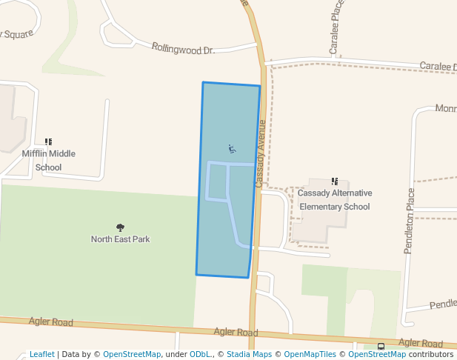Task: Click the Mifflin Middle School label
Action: (48, 160)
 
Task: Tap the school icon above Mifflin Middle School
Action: (48, 141)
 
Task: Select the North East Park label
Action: (120, 239)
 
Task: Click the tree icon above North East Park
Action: (120, 227)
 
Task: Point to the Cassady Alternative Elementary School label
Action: (335, 200)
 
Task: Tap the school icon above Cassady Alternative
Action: (335, 181)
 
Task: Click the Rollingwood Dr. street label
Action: (182, 49)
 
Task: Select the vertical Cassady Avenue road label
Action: (261, 153)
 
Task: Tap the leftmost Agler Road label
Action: (51, 322)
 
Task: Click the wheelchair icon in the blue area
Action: (232, 149)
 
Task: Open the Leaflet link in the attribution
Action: (41, 354)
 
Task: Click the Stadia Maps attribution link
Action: (253, 354)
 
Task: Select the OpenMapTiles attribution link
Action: (310, 354)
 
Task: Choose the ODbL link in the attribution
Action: (200, 354)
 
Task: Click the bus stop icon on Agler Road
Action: (381, 346)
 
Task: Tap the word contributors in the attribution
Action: (431, 354)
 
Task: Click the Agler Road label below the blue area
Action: (236, 333)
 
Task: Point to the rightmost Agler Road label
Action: (420, 343)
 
